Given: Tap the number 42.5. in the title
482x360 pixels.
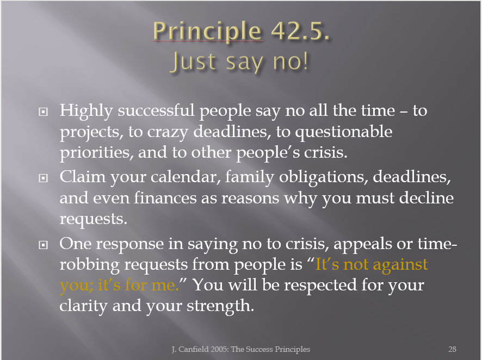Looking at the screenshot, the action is point(300,30).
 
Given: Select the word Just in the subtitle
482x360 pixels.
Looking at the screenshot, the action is point(194,61).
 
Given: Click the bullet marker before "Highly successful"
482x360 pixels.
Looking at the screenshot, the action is point(43,111).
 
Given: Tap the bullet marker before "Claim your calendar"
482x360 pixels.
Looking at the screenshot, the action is point(43,178).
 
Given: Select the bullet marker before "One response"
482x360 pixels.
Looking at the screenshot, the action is point(43,245).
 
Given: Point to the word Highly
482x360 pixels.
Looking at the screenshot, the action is point(86,111).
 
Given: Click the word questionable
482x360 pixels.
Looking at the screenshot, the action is point(344,132).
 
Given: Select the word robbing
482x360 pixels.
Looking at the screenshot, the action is point(89,265).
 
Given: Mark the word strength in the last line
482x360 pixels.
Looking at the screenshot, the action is point(220,306).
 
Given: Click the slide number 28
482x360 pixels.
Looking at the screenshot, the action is point(452,349).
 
